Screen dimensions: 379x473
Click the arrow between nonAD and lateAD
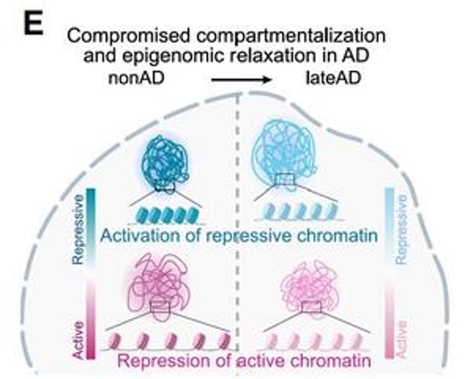tap(241, 80)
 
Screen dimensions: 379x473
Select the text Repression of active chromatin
tap(236, 360)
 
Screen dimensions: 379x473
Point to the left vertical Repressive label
tap(78, 229)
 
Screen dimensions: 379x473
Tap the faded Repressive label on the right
tap(402, 229)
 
